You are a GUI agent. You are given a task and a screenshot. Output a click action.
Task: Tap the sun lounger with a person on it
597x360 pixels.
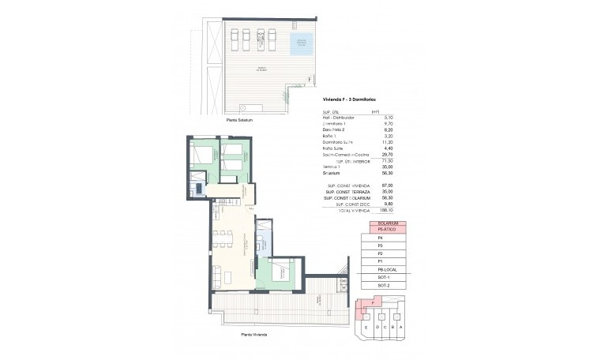coord(235,37)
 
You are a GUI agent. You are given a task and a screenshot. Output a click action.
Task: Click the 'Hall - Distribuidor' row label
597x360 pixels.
coord(341,118)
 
